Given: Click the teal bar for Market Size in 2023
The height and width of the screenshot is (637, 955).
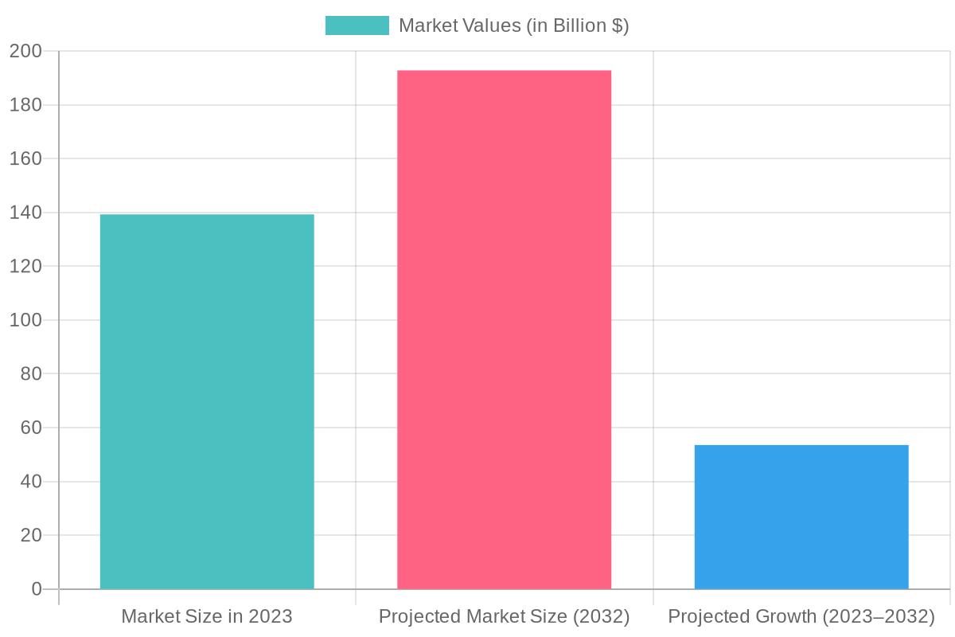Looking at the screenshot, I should pyautogui.click(x=207, y=401).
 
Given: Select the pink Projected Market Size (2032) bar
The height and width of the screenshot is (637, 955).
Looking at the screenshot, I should pyautogui.click(x=505, y=330).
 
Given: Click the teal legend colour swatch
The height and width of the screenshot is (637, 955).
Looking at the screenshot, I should pyautogui.click(x=357, y=25).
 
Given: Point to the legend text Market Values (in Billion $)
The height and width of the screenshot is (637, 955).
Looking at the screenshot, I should pyautogui.click(x=513, y=25).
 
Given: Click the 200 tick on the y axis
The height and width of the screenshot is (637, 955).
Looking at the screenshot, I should pyautogui.click(x=25, y=51).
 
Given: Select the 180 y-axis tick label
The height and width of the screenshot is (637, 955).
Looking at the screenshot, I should pyautogui.click(x=25, y=105).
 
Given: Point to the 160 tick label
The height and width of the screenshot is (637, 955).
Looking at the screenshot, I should pyautogui.click(x=25, y=159).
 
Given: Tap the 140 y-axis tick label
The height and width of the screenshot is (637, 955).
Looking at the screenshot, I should pyautogui.click(x=25, y=213).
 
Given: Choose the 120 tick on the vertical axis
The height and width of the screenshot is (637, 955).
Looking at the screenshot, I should pyautogui.click(x=25, y=267).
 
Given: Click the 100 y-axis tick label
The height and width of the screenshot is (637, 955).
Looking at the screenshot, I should pyautogui.click(x=25, y=320).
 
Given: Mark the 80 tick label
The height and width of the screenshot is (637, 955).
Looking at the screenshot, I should pyautogui.click(x=29, y=374).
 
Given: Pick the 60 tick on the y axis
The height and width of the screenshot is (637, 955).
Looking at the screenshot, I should pyautogui.click(x=29, y=428).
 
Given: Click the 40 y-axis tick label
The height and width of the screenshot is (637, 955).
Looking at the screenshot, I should pyautogui.click(x=29, y=482).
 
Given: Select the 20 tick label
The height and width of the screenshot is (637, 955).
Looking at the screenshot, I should pyautogui.click(x=29, y=535).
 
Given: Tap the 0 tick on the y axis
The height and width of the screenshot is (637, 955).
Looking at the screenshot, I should pyautogui.click(x=35, y=589).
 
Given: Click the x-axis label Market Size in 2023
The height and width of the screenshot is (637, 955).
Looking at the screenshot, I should pyautogui.click(x=207, y=616).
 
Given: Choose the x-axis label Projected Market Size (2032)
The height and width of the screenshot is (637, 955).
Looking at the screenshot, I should pyautogui.click(x=505, y=616).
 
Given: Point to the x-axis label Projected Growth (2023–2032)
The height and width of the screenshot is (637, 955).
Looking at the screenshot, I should pyautogui.click(x=801, y=616).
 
